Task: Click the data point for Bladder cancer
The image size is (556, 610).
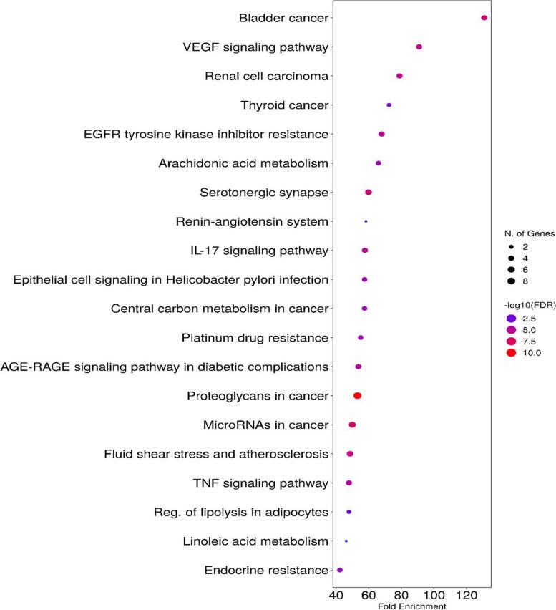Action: (x=484, y=18)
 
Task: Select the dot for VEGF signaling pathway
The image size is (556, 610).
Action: (x=419, y=47)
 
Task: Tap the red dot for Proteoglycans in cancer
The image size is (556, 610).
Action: (x=358, y=396)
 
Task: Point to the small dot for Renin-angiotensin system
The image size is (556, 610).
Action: (x=366, y=221)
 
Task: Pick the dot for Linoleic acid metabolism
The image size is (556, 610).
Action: (x=346, y=541)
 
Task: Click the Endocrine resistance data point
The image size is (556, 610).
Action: (x=340, y=570)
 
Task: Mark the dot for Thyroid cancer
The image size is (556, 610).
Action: (x=389, y=105)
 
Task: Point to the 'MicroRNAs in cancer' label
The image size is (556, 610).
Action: (x=266, y=425)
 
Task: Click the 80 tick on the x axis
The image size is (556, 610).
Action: (x=401, y=594)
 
